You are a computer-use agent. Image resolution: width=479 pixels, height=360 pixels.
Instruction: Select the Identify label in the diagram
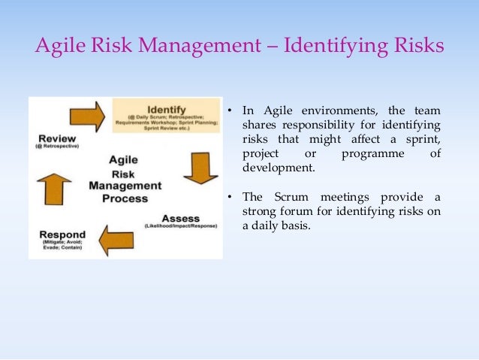point(167,108)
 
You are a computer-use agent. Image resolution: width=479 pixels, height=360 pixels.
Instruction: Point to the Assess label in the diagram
point(181,218)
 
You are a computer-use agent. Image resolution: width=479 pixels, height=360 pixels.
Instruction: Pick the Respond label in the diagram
point(62,235)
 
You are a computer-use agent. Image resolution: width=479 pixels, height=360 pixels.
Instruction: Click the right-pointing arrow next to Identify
point(86,116)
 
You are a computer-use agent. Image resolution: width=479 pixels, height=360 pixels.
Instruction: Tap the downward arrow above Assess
point(200,168)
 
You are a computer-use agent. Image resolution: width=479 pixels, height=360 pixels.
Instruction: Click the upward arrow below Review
point(53,188)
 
